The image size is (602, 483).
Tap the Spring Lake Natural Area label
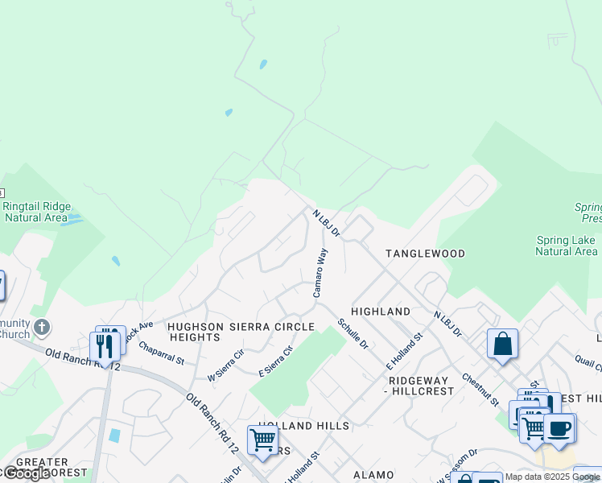coord(567,246)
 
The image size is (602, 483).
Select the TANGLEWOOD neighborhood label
coord(425,254)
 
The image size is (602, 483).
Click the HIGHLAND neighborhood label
coord(381,311)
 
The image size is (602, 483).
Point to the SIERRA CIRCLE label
coord(272,327)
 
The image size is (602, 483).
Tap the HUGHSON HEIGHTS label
coord(196,332)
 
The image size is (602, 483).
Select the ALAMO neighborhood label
coord(373,476)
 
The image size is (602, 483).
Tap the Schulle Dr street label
coord(353,333)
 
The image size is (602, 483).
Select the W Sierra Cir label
coord(226,365)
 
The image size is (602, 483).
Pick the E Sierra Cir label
coord(276,359)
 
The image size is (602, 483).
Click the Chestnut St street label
coord(480,389)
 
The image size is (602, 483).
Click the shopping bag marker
coord(502,344)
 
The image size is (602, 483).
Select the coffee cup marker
coord(559,427)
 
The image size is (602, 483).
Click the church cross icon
coord(42,328)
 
